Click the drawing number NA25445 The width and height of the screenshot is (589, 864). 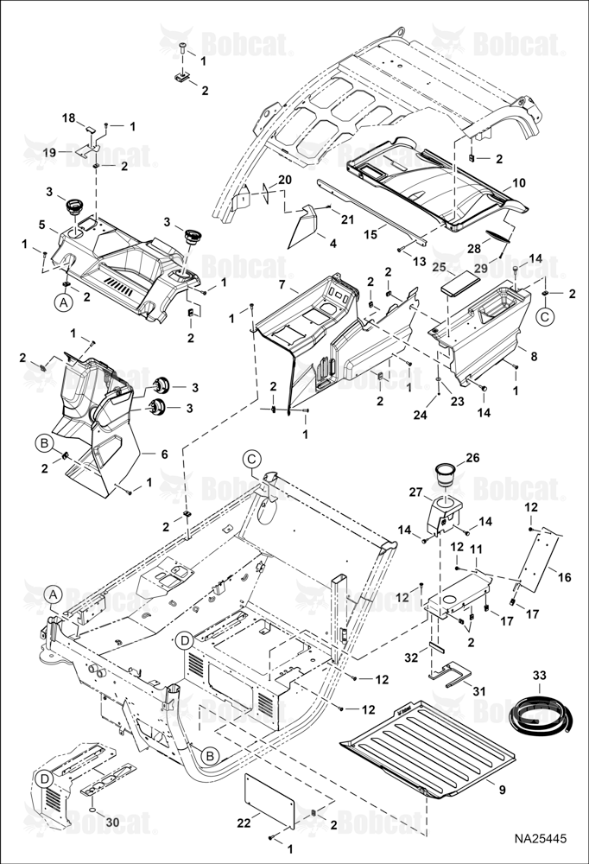(540, 839)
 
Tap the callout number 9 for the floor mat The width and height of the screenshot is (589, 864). (502, 790)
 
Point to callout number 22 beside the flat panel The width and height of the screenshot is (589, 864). (244, 823)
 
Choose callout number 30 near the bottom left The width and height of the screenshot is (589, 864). (112, 822)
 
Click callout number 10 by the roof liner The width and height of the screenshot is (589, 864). (518, 182)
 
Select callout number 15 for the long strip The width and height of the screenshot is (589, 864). (370, 233)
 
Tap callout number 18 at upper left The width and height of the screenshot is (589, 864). (68, 118)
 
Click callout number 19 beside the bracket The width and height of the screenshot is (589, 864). (49, 152)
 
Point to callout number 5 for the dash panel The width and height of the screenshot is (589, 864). (41, 225)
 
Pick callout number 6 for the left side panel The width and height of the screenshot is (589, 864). (164, 454)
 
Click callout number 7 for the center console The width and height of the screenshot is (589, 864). (282, 286)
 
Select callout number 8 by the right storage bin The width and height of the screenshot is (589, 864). (534, 357)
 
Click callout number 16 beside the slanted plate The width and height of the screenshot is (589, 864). (564, 577)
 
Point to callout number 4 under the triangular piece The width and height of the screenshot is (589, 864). (332, 243)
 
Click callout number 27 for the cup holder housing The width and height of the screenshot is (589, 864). (415, 492)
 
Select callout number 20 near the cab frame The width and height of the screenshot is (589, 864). (285, 180)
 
